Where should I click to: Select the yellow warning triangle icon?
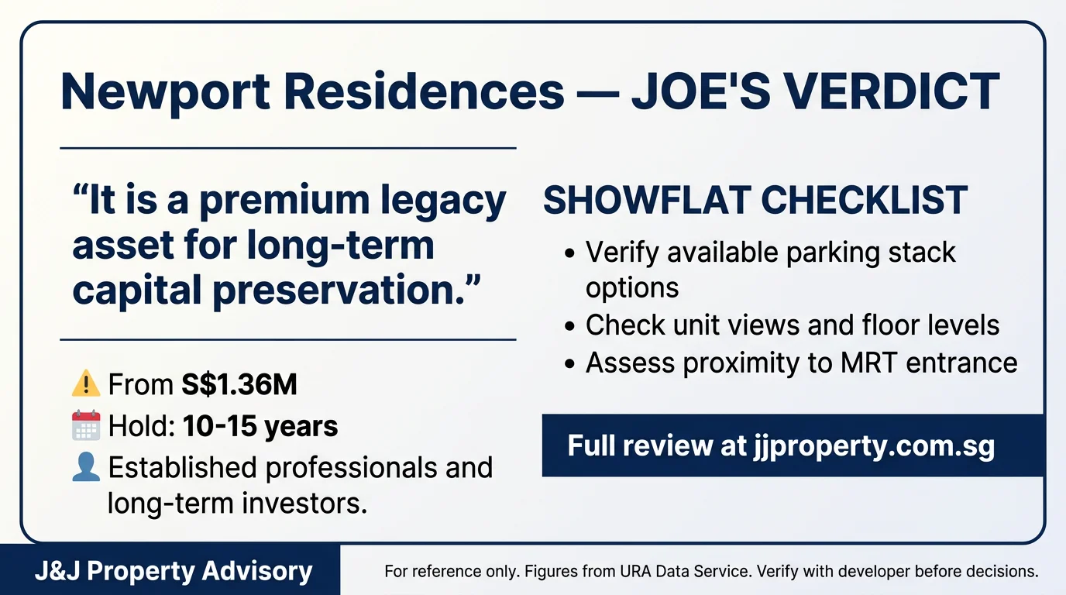pos(86,383)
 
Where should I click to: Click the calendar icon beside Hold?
pos(86,425)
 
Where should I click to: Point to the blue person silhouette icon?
pos(86,467)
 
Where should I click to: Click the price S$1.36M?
pos(239,384)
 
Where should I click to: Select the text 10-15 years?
pos(260,426)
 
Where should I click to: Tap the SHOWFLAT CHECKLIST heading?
pos(755,200)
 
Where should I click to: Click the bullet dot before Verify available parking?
pos(569,253)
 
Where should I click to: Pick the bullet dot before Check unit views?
pos(569,326)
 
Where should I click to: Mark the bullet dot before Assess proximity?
pos(569,364)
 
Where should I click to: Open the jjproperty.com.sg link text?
pos(874,446)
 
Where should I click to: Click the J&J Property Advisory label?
pos(174,571)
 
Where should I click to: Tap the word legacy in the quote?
pos(443,201)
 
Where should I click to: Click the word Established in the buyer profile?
pos(183,467)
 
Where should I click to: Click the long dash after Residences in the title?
pos(598,93)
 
